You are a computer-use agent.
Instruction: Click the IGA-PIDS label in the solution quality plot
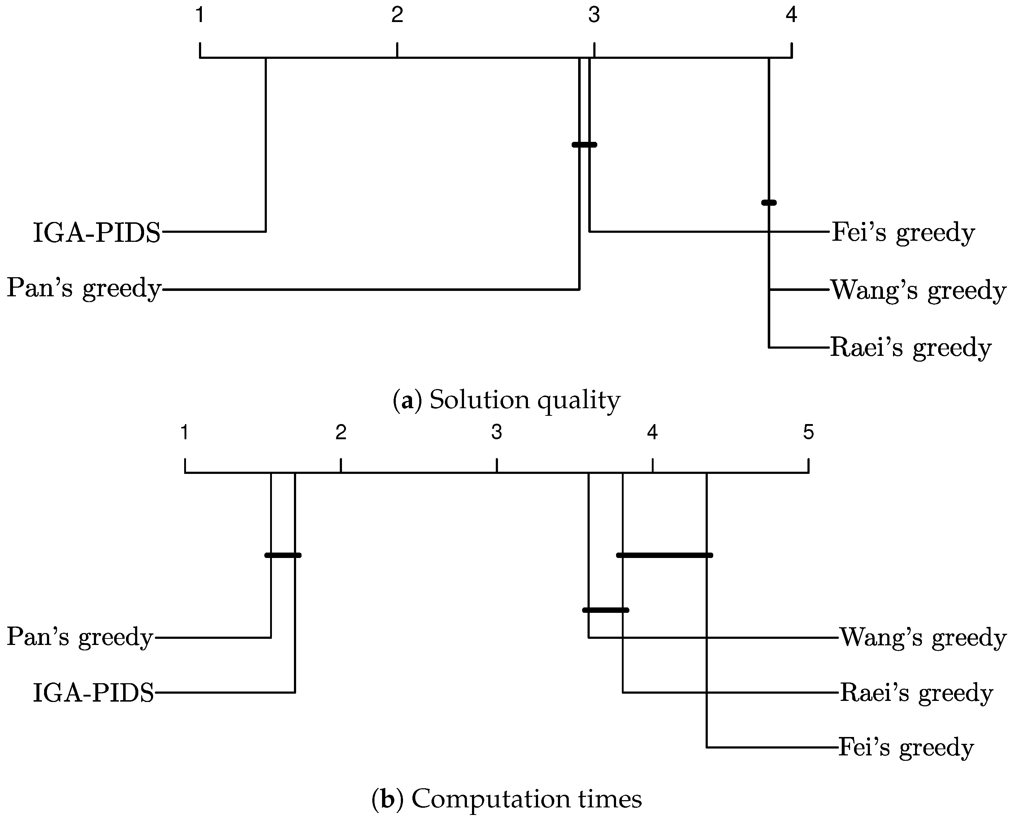click(97, 232)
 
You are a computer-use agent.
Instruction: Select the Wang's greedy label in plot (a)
click(918, 290)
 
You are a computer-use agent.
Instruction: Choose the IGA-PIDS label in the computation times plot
click(94, 693)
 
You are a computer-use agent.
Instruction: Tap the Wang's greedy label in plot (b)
click(923, 638)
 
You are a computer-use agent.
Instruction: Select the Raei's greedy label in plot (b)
click(916, 693)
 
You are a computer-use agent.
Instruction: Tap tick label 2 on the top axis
click(397, 15)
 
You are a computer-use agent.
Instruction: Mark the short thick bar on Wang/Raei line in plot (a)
click(769, 202)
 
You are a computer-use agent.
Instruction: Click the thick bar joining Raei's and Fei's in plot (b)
click(664, 555)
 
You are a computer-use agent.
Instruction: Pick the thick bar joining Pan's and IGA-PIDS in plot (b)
click(282, 555)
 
